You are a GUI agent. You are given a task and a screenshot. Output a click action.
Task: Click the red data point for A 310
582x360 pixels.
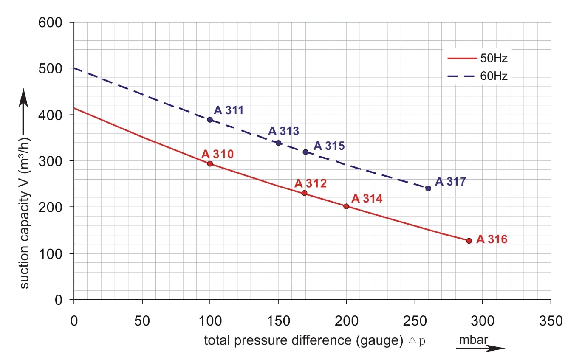[210, 164]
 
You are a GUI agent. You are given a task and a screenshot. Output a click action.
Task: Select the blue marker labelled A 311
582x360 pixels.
[210, 120]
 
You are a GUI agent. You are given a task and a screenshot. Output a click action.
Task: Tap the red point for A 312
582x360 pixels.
[304, 193]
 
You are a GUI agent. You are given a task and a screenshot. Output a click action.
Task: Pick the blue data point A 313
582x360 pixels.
[278, 143]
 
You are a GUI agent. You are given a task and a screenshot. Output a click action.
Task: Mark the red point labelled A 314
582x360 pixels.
[346, 207]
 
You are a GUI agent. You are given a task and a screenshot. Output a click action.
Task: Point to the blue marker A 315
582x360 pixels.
[305, 152]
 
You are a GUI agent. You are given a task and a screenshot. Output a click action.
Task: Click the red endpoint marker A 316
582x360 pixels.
[469, 241]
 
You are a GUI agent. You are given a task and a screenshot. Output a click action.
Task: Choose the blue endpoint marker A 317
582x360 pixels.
[428, 188]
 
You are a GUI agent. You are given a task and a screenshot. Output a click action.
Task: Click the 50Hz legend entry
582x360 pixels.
[477, 58]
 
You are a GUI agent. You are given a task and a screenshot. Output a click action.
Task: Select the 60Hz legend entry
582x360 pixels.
[477, 76]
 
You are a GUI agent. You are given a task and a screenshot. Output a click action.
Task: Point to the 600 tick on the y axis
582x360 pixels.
[51, 22]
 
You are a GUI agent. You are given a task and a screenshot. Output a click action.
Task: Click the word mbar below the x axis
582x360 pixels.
[473, 340]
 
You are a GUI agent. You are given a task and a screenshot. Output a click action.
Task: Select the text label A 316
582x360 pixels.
[492, 239]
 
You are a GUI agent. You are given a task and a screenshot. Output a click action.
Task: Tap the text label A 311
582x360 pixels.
[229, 110]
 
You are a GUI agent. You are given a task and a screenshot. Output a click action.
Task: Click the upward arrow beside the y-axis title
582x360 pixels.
[24, 110]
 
